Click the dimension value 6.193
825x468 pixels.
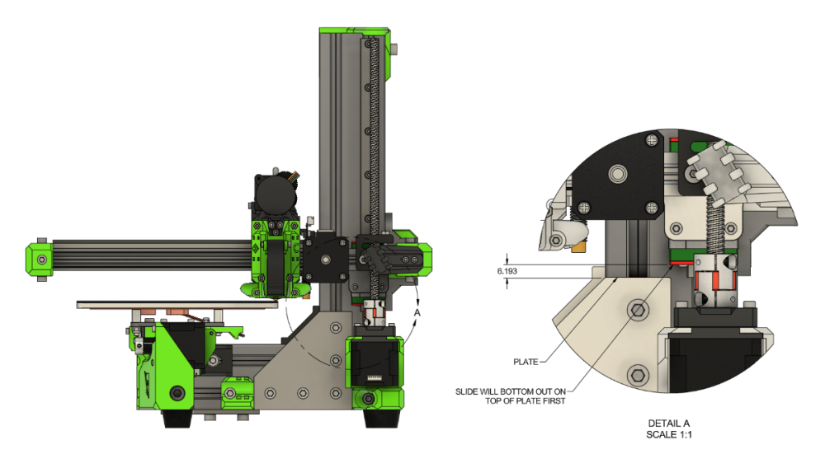click(x=507, y=271)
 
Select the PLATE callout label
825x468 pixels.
click(x=526, y=362)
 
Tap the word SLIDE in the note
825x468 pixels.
click(x=466, y=391)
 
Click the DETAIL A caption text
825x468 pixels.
click(x=669, y=424)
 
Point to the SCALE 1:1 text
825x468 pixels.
click(x=669, y=434)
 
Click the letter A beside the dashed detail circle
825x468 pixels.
click(x=417, y=312)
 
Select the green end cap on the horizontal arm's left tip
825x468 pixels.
click(x=39, y=259)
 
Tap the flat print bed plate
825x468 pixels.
click(x=177, y=304)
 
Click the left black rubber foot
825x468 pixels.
click(x=177, y=419)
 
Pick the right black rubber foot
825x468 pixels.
click(x=383, y=419)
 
